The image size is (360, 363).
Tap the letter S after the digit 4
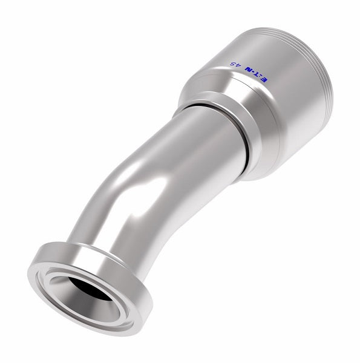coord(232,64)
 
